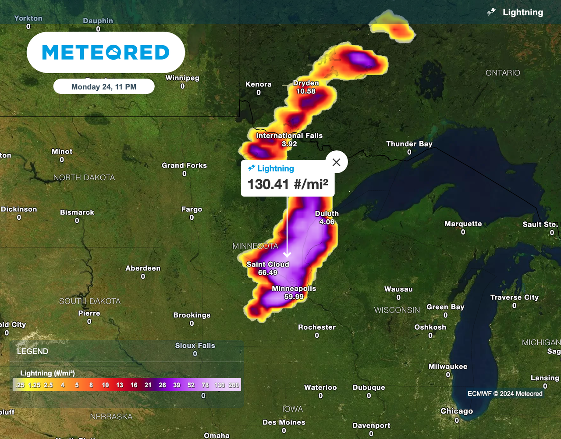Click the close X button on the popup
point(336,162)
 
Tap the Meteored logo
point(106,52)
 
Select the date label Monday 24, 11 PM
point(104,87)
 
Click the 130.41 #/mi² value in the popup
point(288,184)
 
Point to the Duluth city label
point(327,214)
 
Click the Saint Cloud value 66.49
point(267,272)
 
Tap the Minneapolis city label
point(294,289)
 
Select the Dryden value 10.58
point(305,91)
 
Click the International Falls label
point(289,136)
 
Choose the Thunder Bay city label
point(409,144)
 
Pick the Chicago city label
point(456,411)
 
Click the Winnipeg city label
point(182,78)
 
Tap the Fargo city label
point(192,209)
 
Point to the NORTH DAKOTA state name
point(84,178)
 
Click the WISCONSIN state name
point(397,310)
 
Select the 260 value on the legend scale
point(234,385)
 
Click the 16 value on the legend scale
point(134,385)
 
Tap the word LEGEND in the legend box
point(32,351)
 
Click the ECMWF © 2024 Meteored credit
point(505,393)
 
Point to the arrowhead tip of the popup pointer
point(287,257)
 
